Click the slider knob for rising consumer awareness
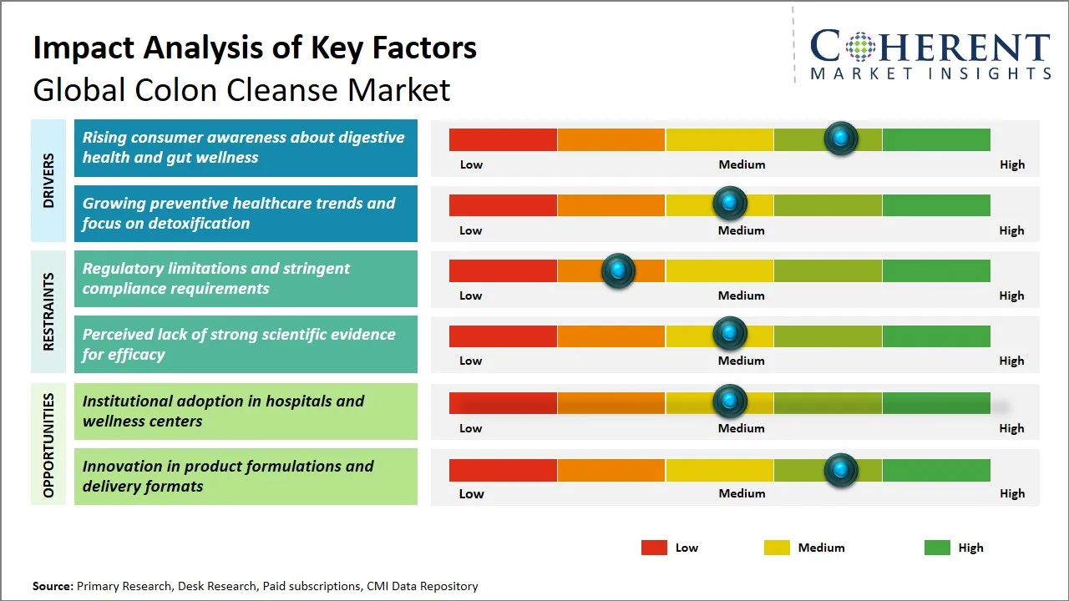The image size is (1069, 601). pyautogui.click(x=841, y=138)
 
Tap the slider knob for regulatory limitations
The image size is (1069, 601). pyautogui.click(x=618, y=270)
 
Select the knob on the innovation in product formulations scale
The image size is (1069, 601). pyautogui.click(x=841, y=470)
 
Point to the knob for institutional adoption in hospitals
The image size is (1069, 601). pyautogui.click(x=730, y=402)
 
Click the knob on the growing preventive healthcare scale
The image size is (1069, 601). pyautogui.click(x=730, y=203)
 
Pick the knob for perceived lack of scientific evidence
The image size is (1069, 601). pyautogui.click(x=730, y=333)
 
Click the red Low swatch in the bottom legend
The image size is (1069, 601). pyautogui.click(x=654, y=548)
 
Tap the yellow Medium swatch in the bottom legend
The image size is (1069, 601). pyautogui.click(x=777, y=548)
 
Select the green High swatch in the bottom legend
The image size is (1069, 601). pyautogui.click(x=937, y=548)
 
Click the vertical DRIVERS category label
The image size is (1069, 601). pyautogui.click(x=48, y=180)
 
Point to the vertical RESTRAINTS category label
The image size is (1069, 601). pyautogui.click(x=48, y=311)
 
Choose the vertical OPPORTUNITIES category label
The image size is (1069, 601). pyautogui.click(x=48, y=445)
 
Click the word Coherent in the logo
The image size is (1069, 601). pyautogui.click(x=930, y=47)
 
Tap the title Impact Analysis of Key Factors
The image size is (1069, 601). pyautogui.click(x=255, y=48)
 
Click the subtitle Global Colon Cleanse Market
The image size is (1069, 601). pyautogui.click(x=241, y=89)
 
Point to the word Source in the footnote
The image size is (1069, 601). pyautogui.click(x=53, y=586)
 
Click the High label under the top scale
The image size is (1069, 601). pyautogui.click(x=1011, y=164)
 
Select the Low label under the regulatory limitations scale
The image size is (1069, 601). pyautogui.click(x=471, y=295)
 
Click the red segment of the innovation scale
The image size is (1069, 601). pyautogui.click(x=503, y=470)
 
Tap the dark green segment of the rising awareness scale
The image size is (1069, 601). pyautogui.click(x=935, y=139)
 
